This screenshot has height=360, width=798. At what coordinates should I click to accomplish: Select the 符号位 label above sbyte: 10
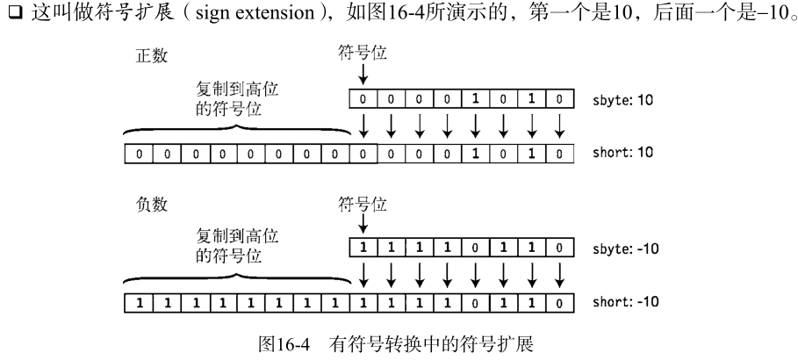(x=362, y=54)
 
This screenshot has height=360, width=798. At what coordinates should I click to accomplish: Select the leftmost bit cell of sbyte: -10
(x=363, y=248)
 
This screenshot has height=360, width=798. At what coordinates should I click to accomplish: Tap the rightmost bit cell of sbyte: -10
(x=559, y=248)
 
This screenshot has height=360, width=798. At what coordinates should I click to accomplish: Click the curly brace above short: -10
(x=241, y=280)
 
